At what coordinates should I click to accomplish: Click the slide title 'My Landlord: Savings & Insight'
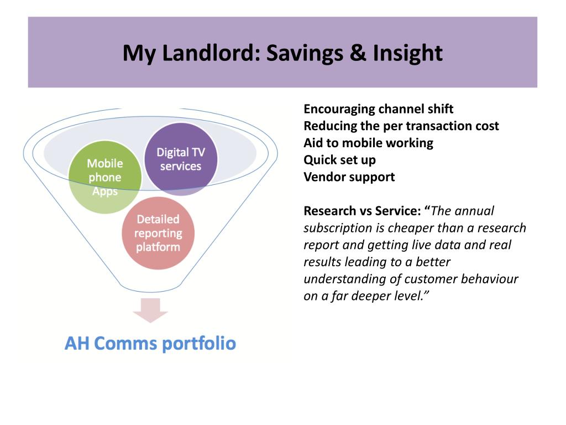282,53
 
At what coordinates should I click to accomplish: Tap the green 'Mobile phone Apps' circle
104,178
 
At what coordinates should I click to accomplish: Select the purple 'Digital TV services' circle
181,159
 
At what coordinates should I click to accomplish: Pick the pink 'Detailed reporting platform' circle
158,233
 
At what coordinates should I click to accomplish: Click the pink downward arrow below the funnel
150,310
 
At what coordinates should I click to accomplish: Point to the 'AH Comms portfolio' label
150,343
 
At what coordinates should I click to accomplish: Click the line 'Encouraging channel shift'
378,109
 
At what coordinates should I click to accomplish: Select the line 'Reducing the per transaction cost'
401,126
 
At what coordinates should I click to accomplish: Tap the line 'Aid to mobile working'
368,143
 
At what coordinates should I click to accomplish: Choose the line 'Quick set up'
339,160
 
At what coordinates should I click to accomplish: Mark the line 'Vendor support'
349,178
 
